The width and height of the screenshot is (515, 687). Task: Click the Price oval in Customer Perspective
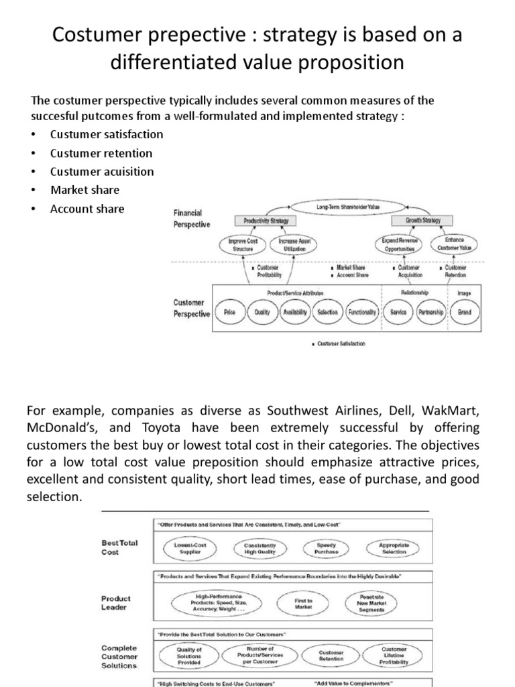coord(230,312)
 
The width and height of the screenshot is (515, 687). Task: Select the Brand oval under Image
coord(465,312)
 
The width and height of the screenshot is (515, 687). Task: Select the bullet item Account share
coord(87,209)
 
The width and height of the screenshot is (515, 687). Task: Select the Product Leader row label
coord(116,602)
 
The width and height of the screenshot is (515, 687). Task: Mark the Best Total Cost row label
coord(120,547)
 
